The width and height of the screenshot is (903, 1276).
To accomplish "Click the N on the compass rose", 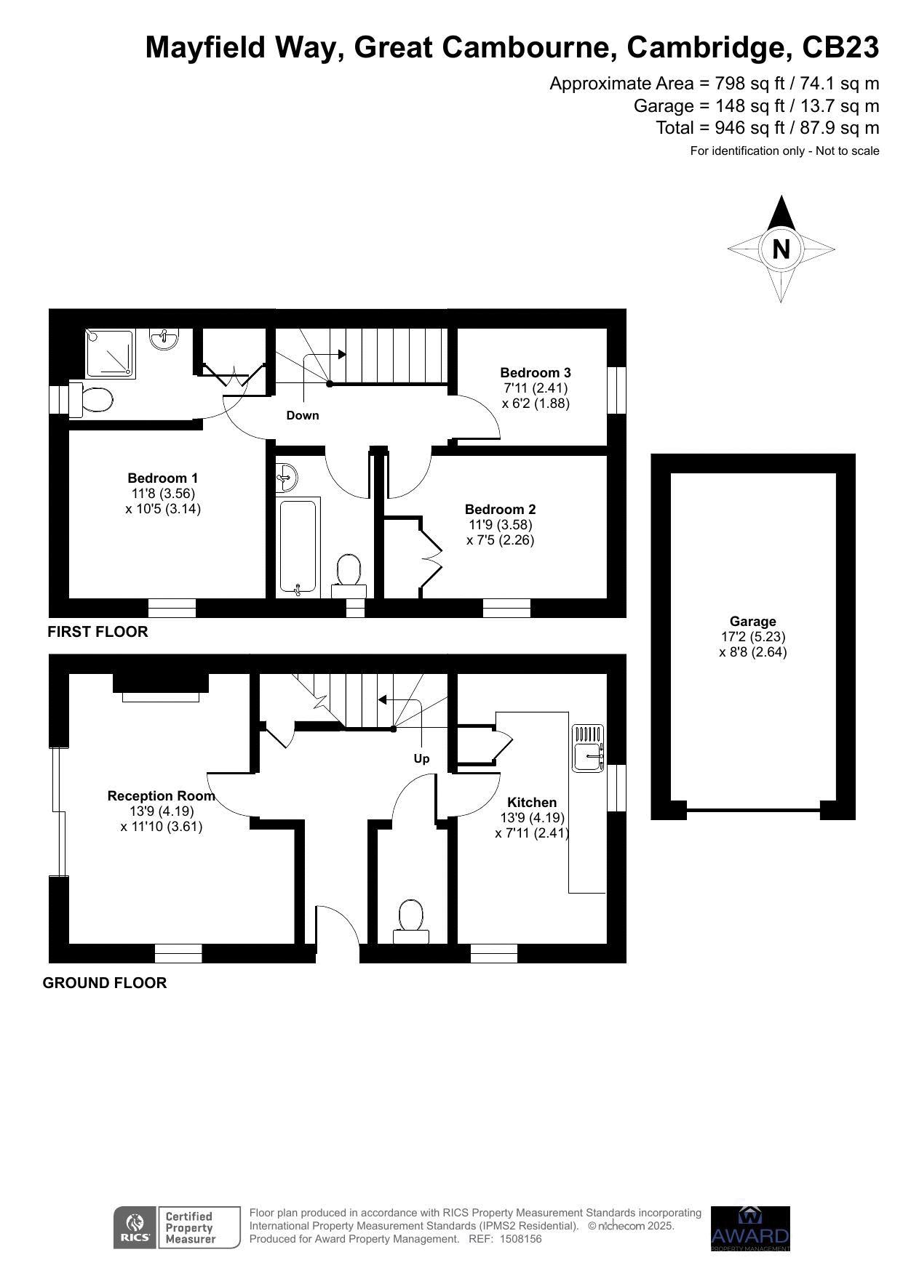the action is tap(781, 249).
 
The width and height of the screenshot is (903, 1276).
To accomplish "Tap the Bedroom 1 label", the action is tap(162, 478).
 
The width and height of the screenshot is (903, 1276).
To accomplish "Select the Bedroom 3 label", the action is tap(536, 373).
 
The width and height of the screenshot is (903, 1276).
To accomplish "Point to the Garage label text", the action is tap(753, 622).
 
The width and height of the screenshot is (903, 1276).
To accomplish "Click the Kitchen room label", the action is tap(532, 803).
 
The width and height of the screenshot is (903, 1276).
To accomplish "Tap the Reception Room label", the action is tap(162, 796).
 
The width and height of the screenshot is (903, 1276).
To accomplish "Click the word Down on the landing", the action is tap(303, 416).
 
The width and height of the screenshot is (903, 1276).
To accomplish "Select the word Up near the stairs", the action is tap(422, 759).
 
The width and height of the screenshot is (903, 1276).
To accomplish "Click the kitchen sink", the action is tap(588, 747).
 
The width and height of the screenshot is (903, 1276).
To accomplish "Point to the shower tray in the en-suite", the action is tap(111, 353).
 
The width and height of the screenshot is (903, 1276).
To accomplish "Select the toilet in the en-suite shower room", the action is tap(92, 400).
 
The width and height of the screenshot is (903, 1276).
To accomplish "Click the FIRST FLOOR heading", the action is tap(98, 632).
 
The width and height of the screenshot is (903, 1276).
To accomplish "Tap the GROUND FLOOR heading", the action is tap(105, 983).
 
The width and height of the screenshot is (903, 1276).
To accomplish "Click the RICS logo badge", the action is tap(177, 1227).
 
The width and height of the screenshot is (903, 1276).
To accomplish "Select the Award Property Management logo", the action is tap(750, 1229).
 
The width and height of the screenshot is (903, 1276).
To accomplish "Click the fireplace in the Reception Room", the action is tap(161, 688).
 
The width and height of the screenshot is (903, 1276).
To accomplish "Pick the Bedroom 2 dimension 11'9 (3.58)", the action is tap(501, 525).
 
